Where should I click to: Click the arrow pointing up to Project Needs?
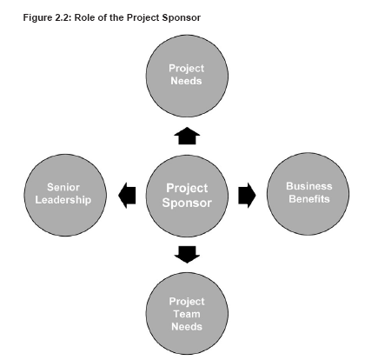pyautogui.click(x=187, y=136)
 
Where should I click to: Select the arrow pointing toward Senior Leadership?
pyautogui.click(x=127, y=196)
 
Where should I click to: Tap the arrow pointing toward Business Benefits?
pyautogui.click(x=247, y=195)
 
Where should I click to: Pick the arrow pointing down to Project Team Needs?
pyautogui.click(x=187, y=255)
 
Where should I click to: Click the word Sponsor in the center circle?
pyautogui.click(x=187, y=203)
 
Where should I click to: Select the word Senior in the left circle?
pyautogui.click(x=63, y=187)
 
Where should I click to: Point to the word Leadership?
pyautogui.click(x=63, y=200)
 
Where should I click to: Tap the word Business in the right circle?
pyautogui.click(x=309, y=186)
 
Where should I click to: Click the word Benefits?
pyautogui.click(x=309, y=199)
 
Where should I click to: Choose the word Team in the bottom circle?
pyautogui.click(x=187, y=314)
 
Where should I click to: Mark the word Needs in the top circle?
pyautogui.click(x=186, y=81)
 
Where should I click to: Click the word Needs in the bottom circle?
pyautogui.click(x=187, y=327)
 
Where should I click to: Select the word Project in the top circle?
pyautogui.click(x=187, y=69)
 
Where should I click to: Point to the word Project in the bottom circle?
pyautogui.click(x=187, y=302)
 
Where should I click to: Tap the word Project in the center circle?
pyautogui.click(x=187, y=189)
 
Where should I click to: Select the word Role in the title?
pyautogui.click(x=83, y=17)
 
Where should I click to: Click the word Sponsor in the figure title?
pyautogui.click(x=182, y=18)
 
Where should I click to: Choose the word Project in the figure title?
pyautogui.click(x=143, y=18)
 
